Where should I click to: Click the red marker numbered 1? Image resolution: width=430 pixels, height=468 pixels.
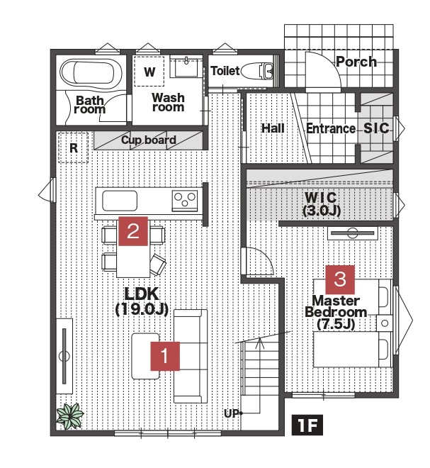pos(165,356)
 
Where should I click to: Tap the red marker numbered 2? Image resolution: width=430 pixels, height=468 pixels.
pos(133,231)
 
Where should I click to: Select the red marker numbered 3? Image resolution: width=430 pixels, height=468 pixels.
pos(340,279)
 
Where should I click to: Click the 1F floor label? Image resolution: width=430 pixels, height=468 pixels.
pos(307,425)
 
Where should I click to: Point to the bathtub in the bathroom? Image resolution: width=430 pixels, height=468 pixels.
pos(91,72)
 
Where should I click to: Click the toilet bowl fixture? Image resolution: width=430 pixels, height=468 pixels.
pos(257,71)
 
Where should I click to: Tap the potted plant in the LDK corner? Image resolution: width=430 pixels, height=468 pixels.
pos(70,416)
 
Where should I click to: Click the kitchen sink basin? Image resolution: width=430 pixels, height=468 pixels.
pos(120,201)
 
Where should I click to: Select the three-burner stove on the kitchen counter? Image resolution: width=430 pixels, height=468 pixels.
pos(185,200)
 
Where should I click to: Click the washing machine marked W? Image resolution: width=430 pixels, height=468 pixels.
pos(149,71)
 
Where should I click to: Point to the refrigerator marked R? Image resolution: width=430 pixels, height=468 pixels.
pos(74,147)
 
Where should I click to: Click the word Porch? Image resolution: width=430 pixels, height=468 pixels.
pos(356,62)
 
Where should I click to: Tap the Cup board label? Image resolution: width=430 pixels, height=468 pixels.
pos(149,140)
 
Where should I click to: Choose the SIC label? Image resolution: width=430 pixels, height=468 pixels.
pos(376,128)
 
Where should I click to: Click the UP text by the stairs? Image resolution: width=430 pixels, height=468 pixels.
pos(232,413)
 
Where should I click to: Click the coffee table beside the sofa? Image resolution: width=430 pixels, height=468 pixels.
pos(145,356)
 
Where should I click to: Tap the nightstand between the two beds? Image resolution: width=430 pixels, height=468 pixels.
pos(384,323)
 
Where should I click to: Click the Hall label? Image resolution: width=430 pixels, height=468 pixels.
pos(273,128)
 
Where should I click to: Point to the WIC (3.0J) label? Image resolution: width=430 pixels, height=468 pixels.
pos(322,204)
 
